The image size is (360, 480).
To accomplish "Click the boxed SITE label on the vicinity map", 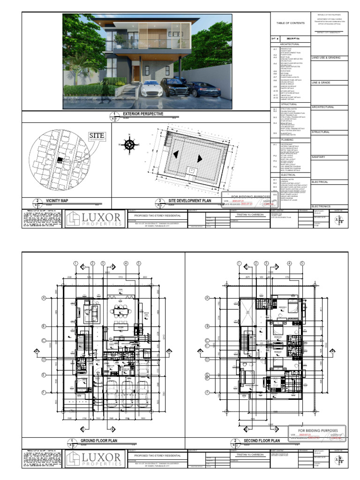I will pos(97,136).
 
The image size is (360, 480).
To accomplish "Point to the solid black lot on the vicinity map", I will pos(60,160).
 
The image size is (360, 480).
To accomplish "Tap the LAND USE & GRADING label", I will pos(326,58).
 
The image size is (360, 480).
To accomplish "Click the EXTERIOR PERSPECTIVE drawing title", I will pos(142,114).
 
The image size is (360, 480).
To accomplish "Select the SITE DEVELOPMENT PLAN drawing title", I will pos(190,201).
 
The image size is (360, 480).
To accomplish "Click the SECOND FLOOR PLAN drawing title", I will pos(262,441).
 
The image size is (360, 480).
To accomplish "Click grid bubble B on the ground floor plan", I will pos(43,326).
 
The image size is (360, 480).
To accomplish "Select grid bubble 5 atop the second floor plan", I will pos(302,263).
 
